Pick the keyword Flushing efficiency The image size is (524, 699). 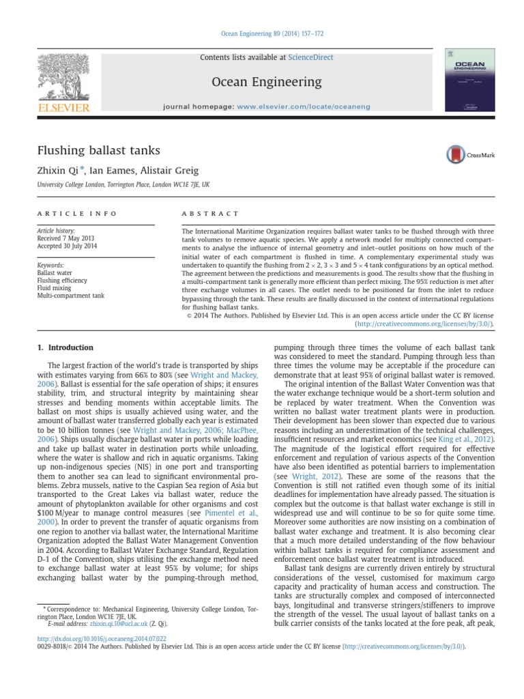click(62, 281)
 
